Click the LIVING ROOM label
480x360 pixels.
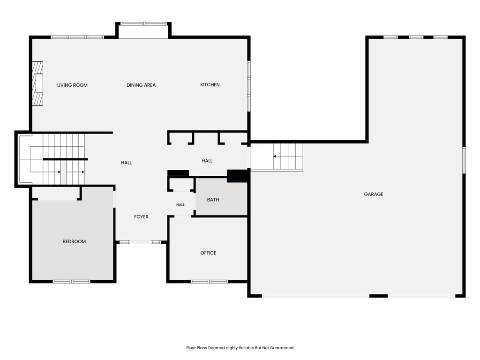pos(72,85)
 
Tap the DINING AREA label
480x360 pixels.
pos(141,85)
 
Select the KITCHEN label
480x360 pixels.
pos(210,85)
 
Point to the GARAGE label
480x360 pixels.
pos(374,194)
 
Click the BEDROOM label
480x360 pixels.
pos(74,241)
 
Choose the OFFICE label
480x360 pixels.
pos(208,253)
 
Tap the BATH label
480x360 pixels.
pos(213,200)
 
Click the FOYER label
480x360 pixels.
pos(141,217)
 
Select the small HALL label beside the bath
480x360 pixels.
pos(180,205)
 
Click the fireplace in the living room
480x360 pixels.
pos(37,83)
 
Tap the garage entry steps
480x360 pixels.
pos(288,157)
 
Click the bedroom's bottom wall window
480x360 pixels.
pos(72,281)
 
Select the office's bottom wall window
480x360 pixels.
pos(210,281)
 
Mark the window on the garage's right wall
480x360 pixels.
pos(464,160)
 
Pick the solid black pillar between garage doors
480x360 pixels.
pos(379,296)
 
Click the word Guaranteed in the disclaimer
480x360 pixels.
pos(282,348)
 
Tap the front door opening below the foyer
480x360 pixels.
pos(141,242)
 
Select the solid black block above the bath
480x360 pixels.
pos(237,176)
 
